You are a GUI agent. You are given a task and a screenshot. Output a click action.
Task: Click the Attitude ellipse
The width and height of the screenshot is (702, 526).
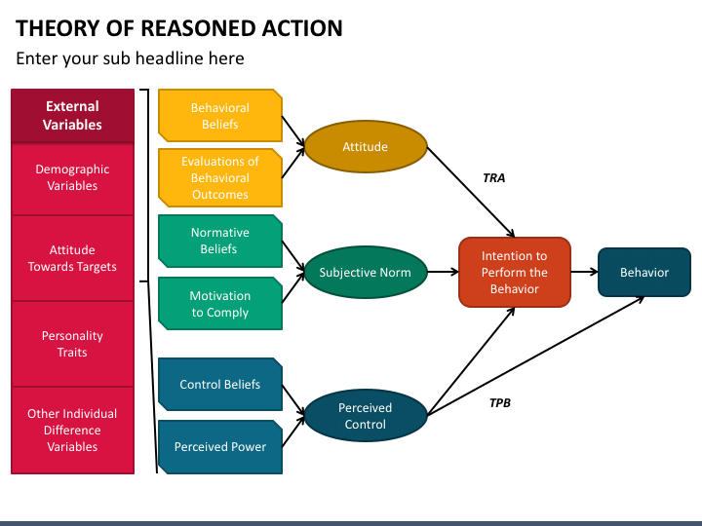(366, 146)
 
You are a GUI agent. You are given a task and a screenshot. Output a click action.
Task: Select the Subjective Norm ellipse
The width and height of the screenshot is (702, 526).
(366, 272)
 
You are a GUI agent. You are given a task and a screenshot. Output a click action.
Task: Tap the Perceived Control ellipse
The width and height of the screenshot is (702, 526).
(366, 416)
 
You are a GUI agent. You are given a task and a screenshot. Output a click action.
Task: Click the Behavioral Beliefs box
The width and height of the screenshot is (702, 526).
(220, 115)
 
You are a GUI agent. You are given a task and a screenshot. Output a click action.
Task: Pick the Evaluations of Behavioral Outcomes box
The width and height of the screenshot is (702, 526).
(220, 177)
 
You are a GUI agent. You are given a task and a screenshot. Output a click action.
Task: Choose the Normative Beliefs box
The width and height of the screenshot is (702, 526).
(220, 241)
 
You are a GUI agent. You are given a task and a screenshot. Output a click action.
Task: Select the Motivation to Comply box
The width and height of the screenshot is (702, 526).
(220, 304)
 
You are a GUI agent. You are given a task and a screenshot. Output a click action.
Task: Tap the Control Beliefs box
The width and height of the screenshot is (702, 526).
(220, 384)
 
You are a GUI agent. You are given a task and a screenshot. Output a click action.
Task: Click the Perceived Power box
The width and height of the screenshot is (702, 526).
(220, 447)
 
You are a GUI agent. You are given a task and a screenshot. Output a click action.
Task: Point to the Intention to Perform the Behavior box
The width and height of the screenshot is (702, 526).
(515, 272)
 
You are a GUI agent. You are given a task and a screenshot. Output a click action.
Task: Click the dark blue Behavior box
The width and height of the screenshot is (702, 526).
(644, 272)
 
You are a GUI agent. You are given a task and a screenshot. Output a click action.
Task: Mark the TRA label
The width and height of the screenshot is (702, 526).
(494, 178)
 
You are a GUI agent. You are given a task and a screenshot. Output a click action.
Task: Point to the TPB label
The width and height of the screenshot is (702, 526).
(500, 403)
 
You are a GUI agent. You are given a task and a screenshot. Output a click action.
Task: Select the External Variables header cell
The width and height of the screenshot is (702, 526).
(72, 115)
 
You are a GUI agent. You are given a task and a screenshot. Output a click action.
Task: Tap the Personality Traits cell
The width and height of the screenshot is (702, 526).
(72, 344)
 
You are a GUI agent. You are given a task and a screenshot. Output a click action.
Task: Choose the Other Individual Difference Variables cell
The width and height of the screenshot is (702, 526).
(72, 431)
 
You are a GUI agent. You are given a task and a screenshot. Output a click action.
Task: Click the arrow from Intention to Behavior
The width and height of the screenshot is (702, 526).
(584, 272)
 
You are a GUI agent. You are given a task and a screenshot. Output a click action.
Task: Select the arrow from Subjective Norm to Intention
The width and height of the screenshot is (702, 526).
(444, 272)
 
